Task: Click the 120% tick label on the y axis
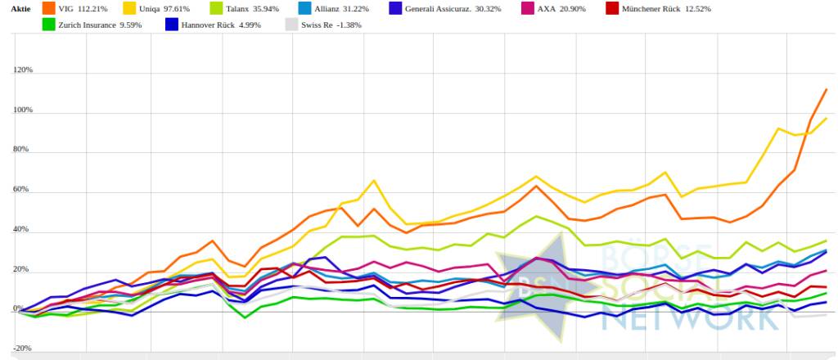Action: tap(23, 70)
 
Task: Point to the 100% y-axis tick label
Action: tap(23, 110)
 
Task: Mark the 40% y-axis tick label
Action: tap(25, 231)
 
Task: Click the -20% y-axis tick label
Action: tap(23, 349)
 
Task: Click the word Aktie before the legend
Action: tap(20, 8)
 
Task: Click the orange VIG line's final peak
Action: tap(826, 89)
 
